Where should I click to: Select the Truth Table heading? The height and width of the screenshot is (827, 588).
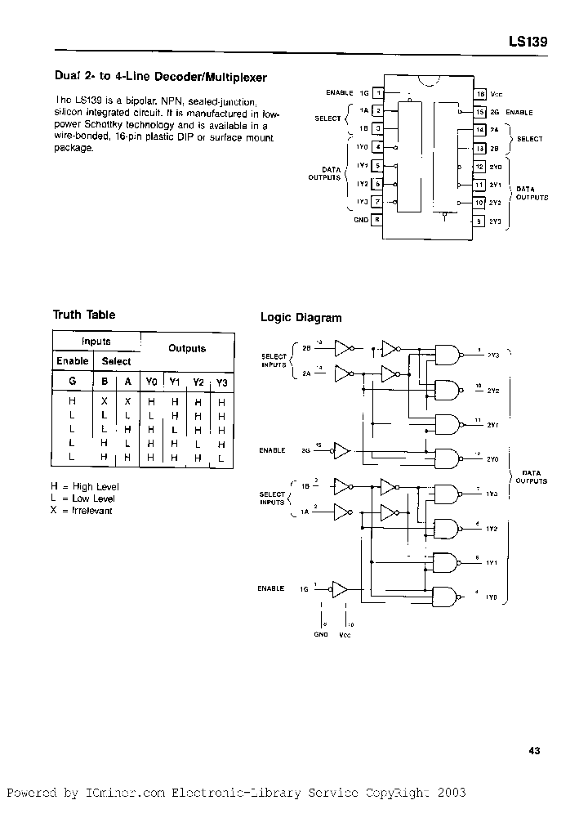tap(84, 315)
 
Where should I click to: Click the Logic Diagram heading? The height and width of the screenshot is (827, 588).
tap(301, 318)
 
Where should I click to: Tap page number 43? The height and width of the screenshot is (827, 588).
tap(534, 751)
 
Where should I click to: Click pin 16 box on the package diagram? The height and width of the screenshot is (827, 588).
tap(480, 94)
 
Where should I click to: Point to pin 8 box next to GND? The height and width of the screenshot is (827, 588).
tap(377, 219)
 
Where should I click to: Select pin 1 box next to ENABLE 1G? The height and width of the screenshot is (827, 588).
tap(377, 94)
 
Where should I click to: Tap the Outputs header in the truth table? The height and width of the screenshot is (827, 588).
tap(187, 348)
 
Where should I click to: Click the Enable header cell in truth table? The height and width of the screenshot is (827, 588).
tap(73, 361)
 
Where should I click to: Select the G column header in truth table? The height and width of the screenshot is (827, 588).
tap(72, 382)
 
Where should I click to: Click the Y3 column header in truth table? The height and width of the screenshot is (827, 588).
tap(222, 382)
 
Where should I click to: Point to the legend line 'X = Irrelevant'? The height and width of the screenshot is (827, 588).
tap(82, 511)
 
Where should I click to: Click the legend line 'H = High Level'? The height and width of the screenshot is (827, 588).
tap(84, 486)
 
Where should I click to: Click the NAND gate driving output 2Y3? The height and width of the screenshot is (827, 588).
tap(447, 353)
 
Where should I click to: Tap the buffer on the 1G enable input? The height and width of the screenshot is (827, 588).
tap(340, 588)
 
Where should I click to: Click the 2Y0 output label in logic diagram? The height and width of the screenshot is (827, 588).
tap(492, 459)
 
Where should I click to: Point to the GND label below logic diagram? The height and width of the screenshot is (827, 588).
tap(320, 633)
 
